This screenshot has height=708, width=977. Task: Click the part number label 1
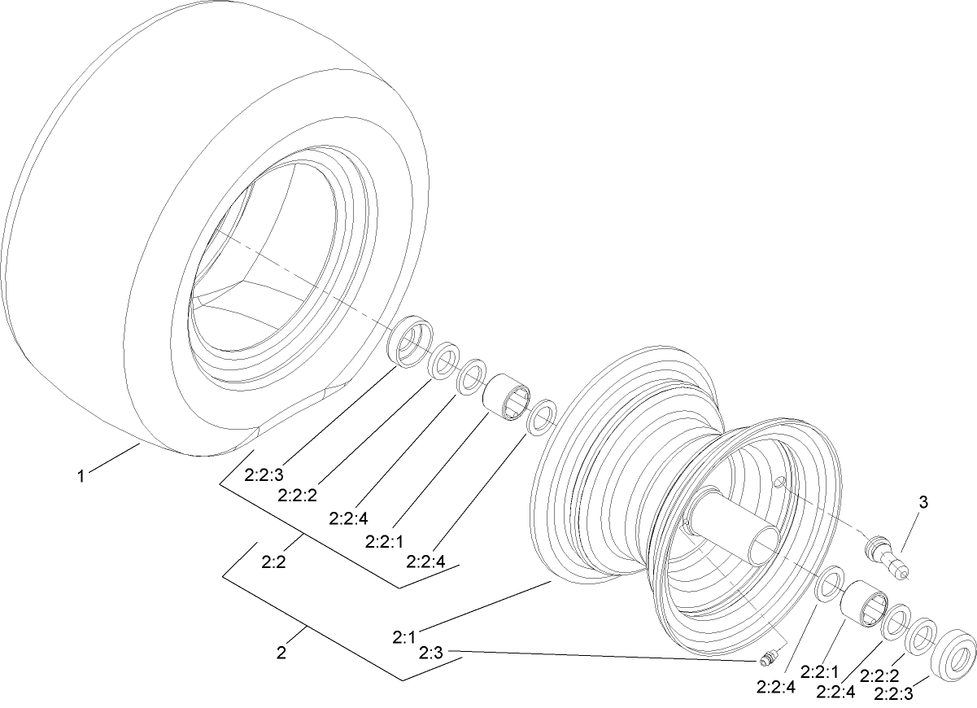click(81, 476)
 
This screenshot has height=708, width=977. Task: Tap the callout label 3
click(922, 502)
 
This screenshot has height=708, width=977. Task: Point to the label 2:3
click(431, 652)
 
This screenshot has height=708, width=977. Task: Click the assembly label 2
click(281, 652)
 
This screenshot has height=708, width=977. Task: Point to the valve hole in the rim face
click(779, 483)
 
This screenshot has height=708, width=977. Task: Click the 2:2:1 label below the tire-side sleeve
click(385, 540)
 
